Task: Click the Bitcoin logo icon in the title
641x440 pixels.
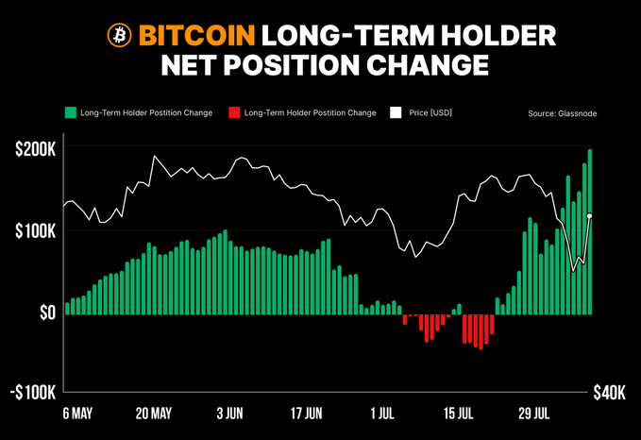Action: (119, 36)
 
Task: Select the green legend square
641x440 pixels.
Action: (71, 113)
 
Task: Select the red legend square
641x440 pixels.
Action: (234, 113)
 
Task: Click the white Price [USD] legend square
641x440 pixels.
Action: (397, 113)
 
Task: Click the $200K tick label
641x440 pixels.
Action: (35, 149)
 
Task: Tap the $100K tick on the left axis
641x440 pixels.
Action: (35, 230)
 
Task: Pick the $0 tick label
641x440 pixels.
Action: (46, 313)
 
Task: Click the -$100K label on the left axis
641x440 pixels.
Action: (32, 393)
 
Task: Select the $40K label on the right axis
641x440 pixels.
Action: (608, 393)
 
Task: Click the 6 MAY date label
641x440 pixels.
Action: (78, 414)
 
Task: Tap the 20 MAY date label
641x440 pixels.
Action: (154, 414)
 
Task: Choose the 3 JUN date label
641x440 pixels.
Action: (231, 414)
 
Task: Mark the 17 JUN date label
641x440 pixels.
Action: (306, 414)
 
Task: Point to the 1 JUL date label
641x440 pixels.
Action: (382, 414)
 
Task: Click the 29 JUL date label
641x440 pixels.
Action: (535, 414)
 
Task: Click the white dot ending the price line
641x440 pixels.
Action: (590, 216)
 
